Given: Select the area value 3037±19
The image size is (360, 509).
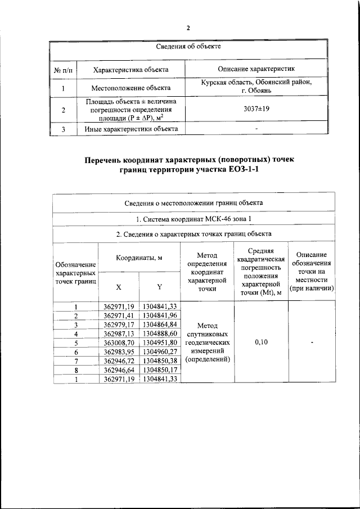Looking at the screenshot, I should tap(256, 109).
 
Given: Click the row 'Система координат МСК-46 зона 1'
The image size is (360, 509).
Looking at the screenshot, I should tap(193, 218).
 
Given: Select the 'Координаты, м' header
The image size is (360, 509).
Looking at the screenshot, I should tap(139, 258).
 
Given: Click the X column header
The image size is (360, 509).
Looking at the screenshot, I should tap(119, 286).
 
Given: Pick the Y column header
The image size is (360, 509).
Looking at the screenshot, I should tap(159, 286).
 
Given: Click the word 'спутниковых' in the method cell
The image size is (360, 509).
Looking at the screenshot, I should tap(208, 333).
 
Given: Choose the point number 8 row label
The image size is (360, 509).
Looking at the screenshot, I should tap(75, 371).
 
